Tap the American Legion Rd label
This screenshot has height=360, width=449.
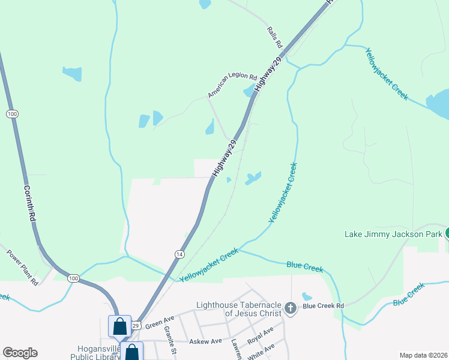point(232,86)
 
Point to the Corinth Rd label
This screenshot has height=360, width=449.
point(28,205)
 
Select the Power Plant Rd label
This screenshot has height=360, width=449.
point(22,267)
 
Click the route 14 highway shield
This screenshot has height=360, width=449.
point(179,254)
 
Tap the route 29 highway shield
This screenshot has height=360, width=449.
point(136,325)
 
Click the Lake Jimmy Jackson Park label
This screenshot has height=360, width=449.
point(393,233)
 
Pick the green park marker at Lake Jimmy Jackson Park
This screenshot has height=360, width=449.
point(447,233)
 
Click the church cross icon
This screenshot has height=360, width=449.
point(291,308)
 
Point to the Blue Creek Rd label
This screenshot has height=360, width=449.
point(323,305)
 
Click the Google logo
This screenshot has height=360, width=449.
point(20,353)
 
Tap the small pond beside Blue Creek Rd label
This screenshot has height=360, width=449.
point(307,296)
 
